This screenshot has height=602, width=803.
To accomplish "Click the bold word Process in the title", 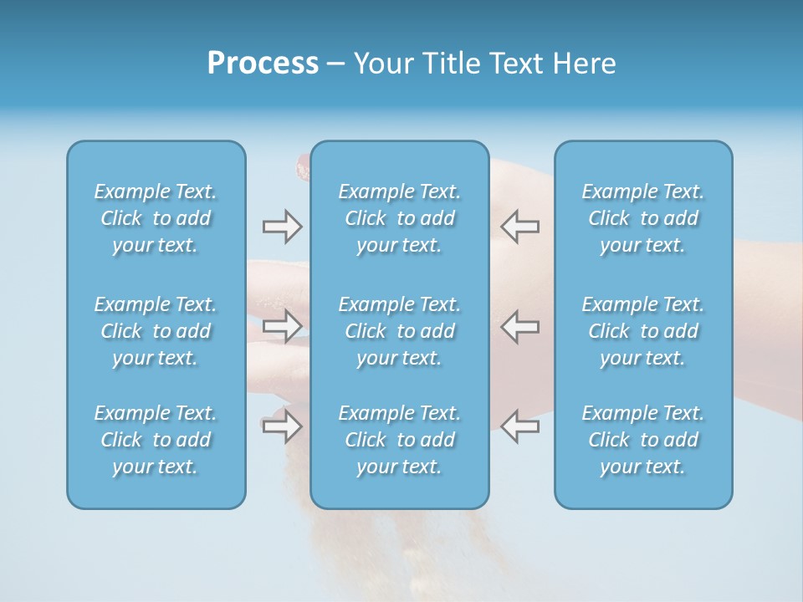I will (263, 64).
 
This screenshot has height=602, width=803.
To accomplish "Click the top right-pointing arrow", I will (282, 227).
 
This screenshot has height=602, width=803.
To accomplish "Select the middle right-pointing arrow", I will (282, 326).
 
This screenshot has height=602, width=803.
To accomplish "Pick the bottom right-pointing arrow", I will (282, 426).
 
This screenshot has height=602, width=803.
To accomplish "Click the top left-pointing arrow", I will (520, 227).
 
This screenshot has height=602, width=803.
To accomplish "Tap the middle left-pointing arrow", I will (520, 326).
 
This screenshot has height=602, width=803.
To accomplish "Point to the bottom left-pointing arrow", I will (520, 426).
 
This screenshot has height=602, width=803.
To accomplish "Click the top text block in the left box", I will (156, 218).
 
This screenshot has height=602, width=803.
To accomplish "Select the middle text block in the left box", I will (156, 331).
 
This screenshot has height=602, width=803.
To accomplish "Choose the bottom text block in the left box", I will (156, 440).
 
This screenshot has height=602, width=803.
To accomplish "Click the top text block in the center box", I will (399, 218).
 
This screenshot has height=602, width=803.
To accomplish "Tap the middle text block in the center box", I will (399, 331).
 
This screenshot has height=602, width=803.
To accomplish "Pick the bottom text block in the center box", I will (399, 440).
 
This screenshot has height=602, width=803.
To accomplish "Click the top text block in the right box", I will (642, 218).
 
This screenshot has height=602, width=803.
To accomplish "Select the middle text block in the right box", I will (642, 331).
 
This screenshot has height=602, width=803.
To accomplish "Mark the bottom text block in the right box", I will (642, 440).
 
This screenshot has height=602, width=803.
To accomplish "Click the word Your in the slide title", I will (381, 64).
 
